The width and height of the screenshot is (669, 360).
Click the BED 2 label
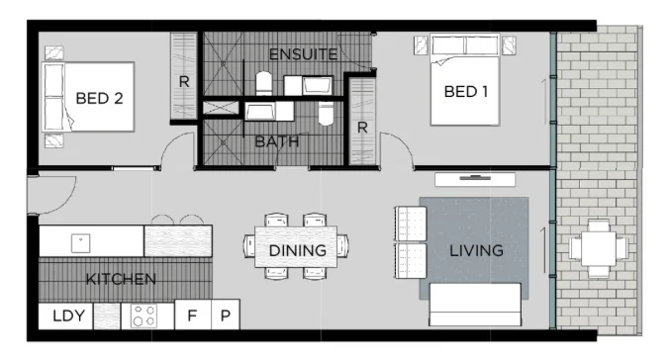pos(97,98)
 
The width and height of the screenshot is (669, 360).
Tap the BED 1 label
pos(466,91)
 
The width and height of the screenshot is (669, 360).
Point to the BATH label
pos(276,141)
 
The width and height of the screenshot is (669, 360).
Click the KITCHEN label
pos(121,279)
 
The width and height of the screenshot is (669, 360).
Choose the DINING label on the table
pos(297,250)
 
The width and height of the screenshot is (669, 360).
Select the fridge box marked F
pos(192,316)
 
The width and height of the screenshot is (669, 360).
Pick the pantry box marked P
pos(226,316)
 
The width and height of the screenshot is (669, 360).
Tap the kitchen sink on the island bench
pos(78,240)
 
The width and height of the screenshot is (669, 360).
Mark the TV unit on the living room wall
pos(475,179)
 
